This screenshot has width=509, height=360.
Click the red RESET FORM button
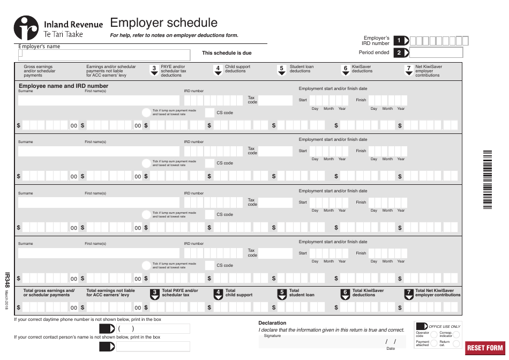click(x=485, y=348)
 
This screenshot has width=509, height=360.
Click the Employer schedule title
click(x=163, y=23)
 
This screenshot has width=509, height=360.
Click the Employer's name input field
click(x=104, y=55)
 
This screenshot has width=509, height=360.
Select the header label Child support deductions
click(x=237, y=69)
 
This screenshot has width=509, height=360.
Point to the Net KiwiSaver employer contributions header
click(x=429, y=71)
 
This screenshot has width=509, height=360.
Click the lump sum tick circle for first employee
click(x=146, y=112)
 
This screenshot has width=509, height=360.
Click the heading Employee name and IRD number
click(x=63, y=86)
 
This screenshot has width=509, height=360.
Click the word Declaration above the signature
click(x=272, y=323)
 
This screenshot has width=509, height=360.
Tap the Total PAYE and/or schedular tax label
click(x=179, y=292)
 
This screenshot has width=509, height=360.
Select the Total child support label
click(x=238, y=292)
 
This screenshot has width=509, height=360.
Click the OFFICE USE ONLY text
click(x=444, y=326)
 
